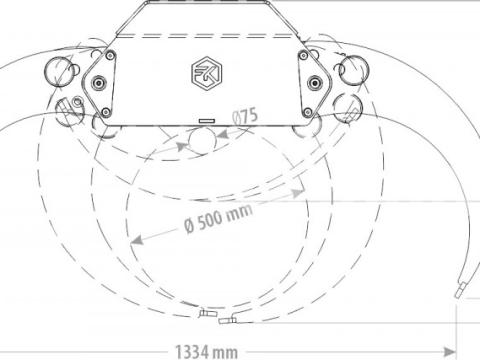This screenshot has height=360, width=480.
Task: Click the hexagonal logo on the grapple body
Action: (x=207, y=74)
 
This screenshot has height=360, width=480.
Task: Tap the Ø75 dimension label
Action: (x=245, y=117)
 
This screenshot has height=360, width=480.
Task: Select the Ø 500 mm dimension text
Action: (x=218, y=218)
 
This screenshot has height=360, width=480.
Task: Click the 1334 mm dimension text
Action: (x=206, y=352)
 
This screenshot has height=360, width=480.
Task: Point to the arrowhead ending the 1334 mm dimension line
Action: (x=450, y=352)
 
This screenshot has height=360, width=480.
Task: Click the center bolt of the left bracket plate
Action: (x=99, y=82)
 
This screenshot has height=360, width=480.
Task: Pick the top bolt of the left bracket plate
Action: (x=110, y=55)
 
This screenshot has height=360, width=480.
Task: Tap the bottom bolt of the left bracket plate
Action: (x=106, y=112)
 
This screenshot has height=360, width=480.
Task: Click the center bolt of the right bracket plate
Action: (x=314, y=82)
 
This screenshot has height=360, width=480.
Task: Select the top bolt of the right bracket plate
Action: (x=304, y=55)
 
